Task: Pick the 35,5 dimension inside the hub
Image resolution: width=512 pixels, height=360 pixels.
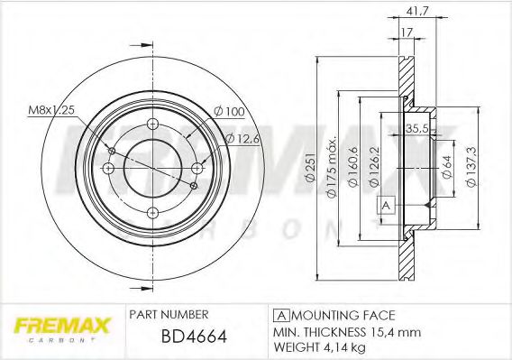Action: (416, 127)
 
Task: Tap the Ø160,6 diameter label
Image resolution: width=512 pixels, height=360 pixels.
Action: (352, 166)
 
